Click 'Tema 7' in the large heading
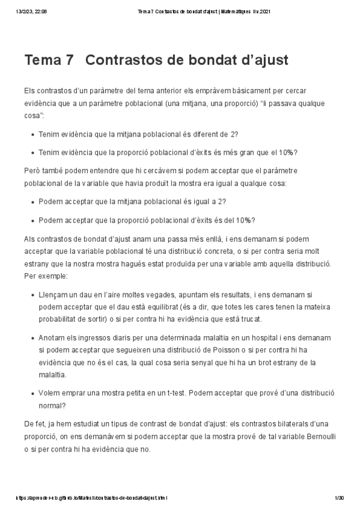[50, 61]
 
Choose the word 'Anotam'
[52, 337]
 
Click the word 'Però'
[34, 171]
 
